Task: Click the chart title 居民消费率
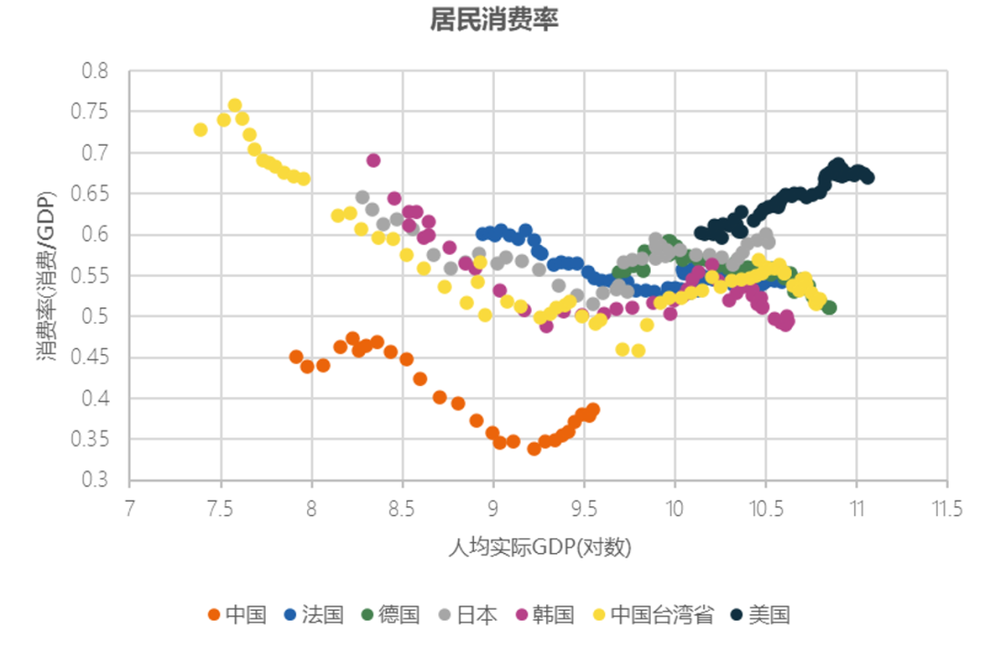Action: [x=494, y=20]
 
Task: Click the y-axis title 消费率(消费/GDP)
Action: [x=48, y=275]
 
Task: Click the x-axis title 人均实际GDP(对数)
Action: [x=540, y=547]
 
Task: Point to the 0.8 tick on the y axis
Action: [x=95, y=71]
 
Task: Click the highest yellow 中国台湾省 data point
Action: [x=235, y=105]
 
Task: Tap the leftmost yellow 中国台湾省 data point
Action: [x=201, y=129]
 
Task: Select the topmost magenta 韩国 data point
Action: [x=373, y=160]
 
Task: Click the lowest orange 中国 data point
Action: [x=533, y=448]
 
